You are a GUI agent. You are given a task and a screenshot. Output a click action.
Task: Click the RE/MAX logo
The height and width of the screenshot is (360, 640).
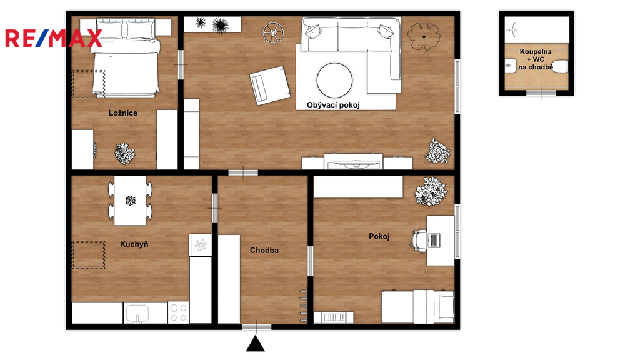[x=54, y=38]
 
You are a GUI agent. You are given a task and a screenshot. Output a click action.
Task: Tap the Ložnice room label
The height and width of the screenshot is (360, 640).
[x=123, y=113]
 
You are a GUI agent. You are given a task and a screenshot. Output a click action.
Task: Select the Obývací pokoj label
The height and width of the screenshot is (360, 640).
[x=333, y=105]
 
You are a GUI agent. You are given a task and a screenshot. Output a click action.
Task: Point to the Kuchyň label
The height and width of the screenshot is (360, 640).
[x=134, y=244]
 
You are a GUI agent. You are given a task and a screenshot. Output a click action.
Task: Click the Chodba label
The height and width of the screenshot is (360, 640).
[x=264, y=250]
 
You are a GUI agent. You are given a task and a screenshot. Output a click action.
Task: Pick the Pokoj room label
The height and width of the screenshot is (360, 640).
[x=379, y=236]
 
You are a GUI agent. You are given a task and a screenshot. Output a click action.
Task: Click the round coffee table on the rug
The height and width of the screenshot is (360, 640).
[x=334, y=81]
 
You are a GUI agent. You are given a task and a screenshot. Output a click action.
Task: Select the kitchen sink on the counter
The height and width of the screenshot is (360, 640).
[x=137, y=314]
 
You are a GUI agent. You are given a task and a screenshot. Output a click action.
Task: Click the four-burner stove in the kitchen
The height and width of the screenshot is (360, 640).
[x=178, y=313]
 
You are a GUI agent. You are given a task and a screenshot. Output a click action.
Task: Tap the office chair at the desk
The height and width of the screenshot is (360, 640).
[x=419, y=239]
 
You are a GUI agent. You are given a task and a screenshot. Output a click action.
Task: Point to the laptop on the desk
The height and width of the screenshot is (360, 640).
[x=434, y=240]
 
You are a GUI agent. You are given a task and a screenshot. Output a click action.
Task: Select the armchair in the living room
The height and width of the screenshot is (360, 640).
[x=270, y=85]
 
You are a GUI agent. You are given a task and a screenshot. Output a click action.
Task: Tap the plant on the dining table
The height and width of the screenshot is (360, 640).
[x=130, y=201]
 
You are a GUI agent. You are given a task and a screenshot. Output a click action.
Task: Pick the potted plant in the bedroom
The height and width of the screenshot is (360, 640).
[x=124, y=154]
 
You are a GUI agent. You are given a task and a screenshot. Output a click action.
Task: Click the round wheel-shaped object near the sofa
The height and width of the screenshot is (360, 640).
[x=273, y=32]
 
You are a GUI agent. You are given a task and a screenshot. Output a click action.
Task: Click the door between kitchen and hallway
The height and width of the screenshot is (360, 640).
[x=215, y=208]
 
